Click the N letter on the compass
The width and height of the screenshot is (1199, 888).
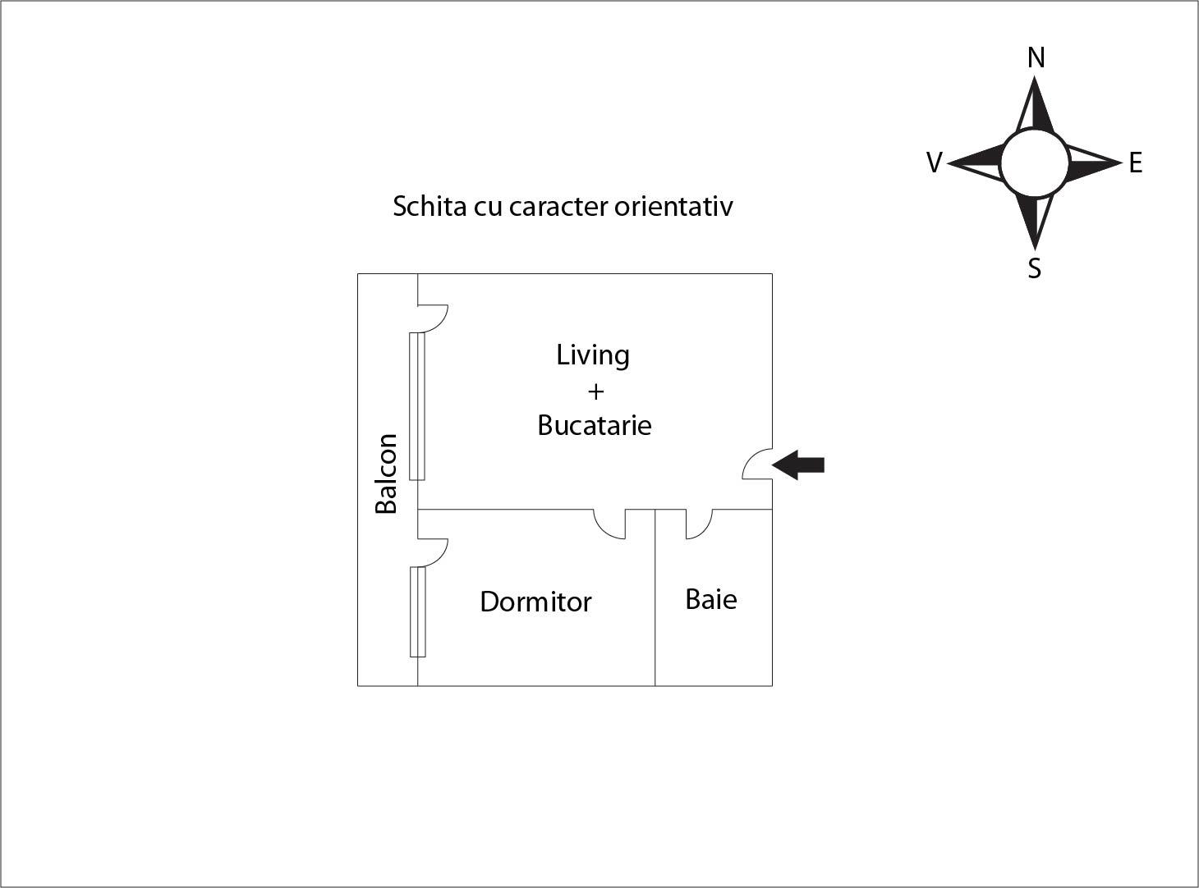click(1036, 57)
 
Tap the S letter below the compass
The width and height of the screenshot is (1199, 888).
click(1034, 268)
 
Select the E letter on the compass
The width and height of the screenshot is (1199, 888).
click(1136, 162)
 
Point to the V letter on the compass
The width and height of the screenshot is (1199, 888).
click(935, 162)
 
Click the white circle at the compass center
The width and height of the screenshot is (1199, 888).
click(1035, 162)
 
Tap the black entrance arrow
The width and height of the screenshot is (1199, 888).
click(798, 465)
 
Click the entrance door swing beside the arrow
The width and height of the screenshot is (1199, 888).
click(757, 464)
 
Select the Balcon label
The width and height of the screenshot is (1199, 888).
click(387, 474)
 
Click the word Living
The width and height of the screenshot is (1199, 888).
click(593, 355)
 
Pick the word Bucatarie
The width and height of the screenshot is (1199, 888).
click(594, 425)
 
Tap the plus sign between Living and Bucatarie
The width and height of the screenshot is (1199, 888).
click(595, 391)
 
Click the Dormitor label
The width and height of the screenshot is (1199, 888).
click(535, 602)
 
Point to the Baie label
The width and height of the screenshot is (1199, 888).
click(711, 599)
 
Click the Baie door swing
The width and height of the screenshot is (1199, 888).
click(700, 524)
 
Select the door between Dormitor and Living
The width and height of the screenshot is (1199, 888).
click(610, 524)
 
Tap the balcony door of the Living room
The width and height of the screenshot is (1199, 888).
click(433, 319)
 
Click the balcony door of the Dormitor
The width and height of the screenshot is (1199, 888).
click(433, 552)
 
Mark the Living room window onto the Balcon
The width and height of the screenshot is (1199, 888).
click(417, 406)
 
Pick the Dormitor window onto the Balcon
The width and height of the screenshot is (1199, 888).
click(417, 611)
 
